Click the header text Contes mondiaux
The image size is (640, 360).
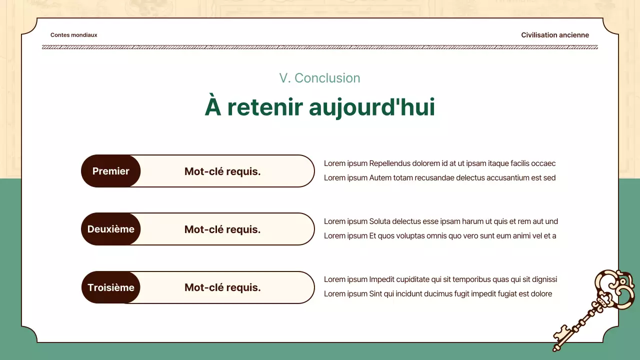[74, 35]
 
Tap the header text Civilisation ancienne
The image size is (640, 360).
[555, 35]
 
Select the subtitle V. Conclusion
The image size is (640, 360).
[319, 78]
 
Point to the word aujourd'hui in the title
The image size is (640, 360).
[371, 107]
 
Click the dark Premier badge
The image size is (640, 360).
[111, 171]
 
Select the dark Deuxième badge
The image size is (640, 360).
[111, 229]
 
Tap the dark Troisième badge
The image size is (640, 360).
[111, 287]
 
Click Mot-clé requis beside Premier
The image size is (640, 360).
[222, 171]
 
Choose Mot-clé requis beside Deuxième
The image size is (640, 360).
[222, 229]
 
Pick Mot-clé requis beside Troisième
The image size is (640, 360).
[222, 287]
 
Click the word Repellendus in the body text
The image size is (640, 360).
[390, 163]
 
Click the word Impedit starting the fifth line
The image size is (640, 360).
[381, 279]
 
